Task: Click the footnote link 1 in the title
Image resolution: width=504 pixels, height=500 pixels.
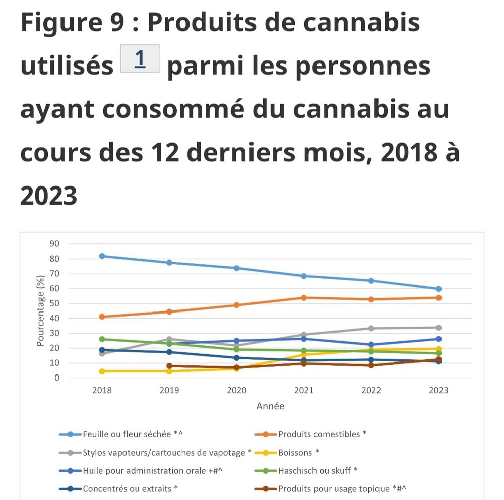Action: click(140, 58)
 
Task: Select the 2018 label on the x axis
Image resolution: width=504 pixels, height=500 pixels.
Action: click(102, 391)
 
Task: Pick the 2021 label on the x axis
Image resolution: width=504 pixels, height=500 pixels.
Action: click(304, 391)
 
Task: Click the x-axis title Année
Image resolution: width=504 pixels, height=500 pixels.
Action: click(270, 406)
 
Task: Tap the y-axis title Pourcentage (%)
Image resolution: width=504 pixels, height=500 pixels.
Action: click(41, 310)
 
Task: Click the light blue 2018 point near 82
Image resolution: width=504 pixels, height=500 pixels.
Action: click(102, 256)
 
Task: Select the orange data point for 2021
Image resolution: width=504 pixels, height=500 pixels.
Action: click(304, 298)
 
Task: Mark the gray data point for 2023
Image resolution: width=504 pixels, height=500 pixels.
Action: click(439, 328)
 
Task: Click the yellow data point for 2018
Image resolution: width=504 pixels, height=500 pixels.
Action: click(102, 371)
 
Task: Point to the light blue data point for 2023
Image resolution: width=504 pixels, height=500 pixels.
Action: click(439, 289)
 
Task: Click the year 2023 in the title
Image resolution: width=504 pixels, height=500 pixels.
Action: click(49, 195)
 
